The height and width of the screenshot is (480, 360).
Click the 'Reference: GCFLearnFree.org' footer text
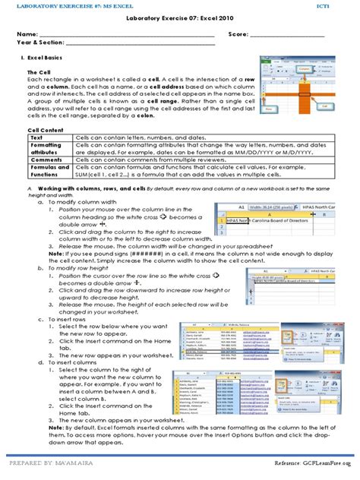[312, 463]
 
